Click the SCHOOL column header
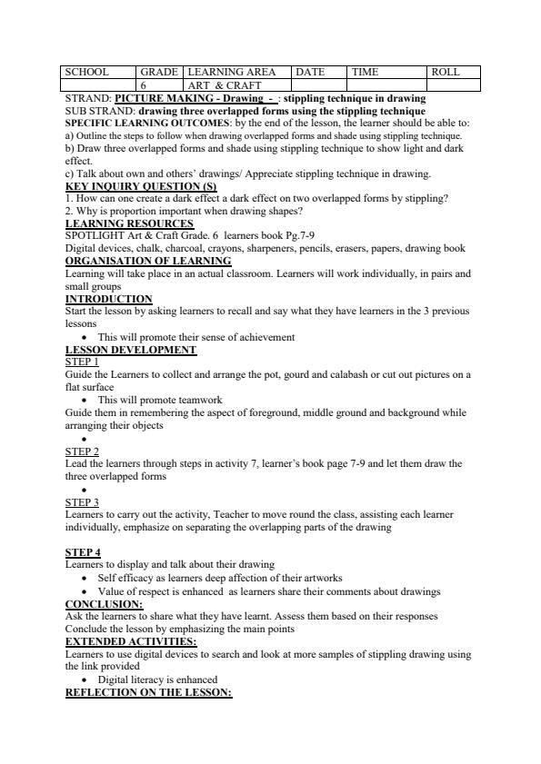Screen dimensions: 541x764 coord(87,72)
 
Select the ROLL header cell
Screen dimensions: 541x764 coord(446,72)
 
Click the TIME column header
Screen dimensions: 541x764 coord(365,72)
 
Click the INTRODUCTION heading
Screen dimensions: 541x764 coord(109,299)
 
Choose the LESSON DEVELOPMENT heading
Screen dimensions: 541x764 coord(131,350)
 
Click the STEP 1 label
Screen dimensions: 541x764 coord(82,362)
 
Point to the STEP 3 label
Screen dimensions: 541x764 coord(82,501)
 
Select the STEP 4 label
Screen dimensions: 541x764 coord(83,552)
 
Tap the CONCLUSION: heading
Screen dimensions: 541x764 coord(104,603)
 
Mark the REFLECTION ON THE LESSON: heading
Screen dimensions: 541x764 coord(149,692)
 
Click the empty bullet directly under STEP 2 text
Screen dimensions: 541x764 coord(84,490)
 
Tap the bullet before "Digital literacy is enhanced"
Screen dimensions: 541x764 coord(84,680)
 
